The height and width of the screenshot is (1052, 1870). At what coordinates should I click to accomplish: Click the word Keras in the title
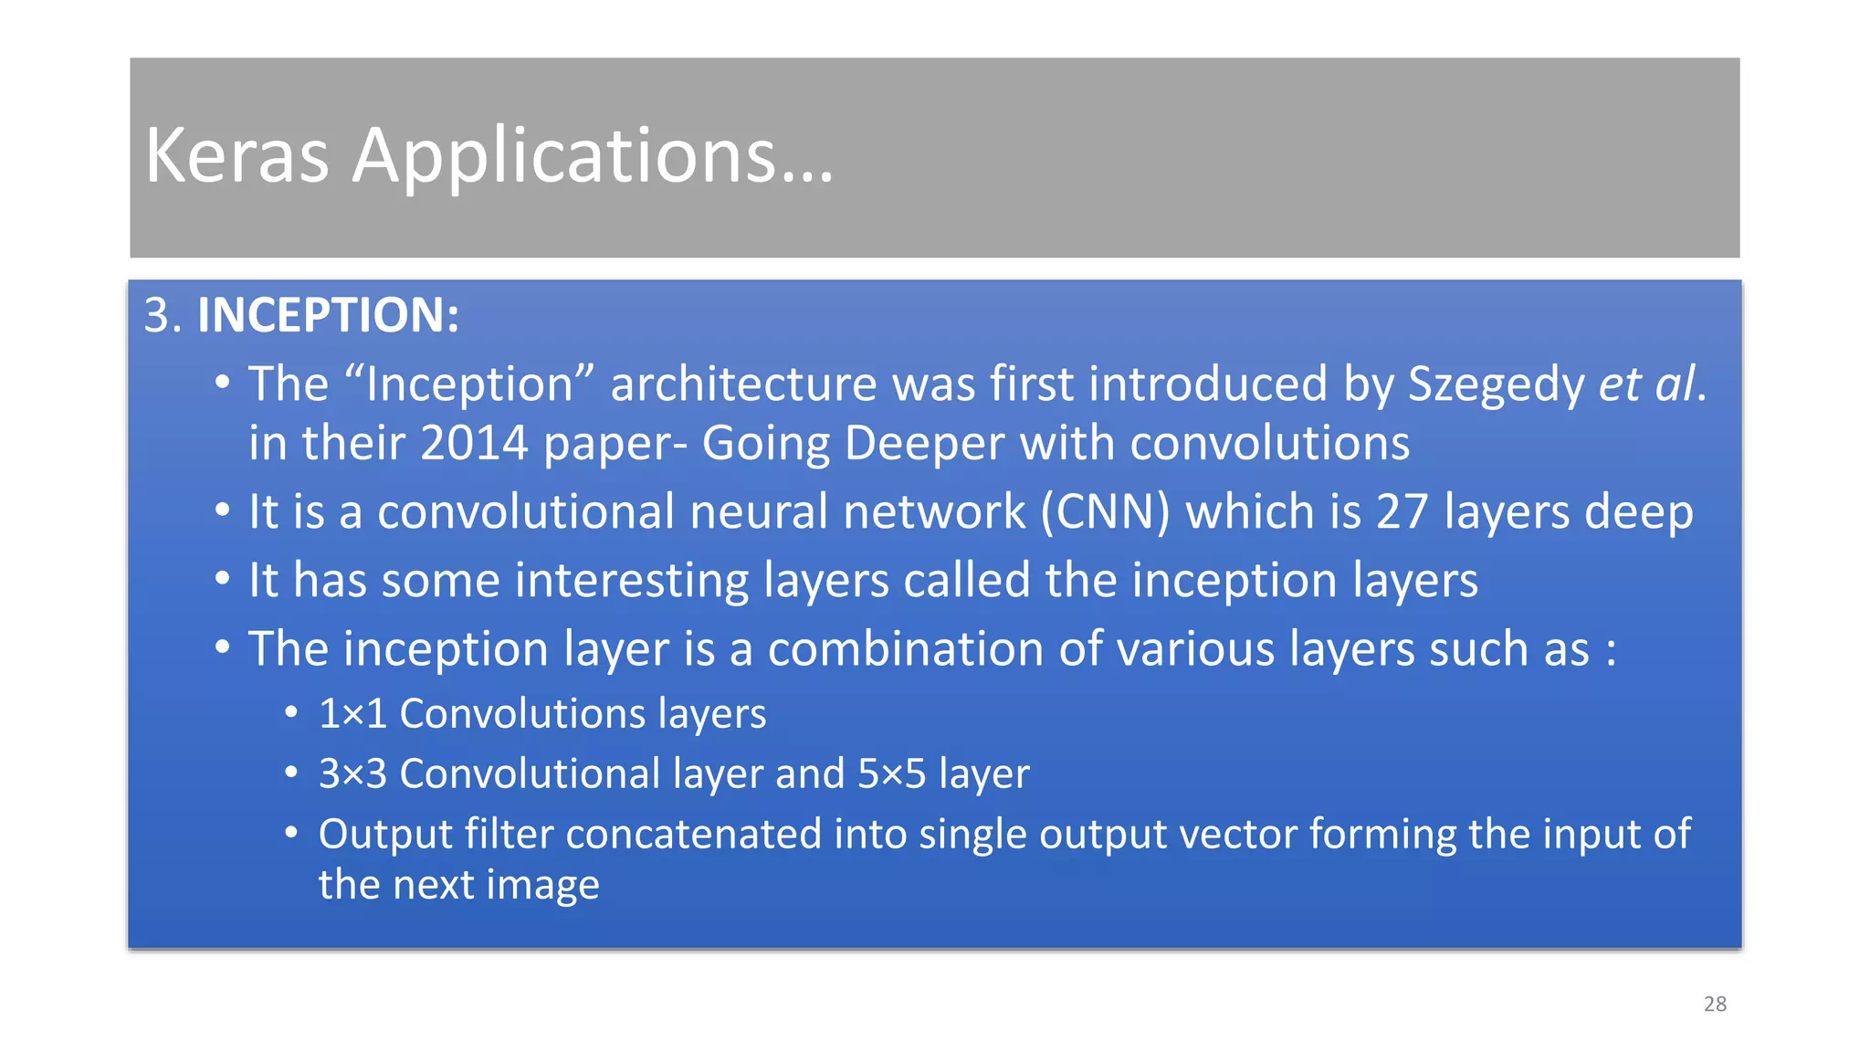click(x=236, y=155)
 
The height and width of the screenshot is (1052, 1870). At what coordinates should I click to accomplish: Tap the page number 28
click(x=1715, y=1004)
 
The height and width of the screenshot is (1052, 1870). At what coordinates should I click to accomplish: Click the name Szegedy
click(x=1496, y=384)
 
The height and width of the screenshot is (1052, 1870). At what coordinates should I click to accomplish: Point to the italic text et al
click(x=1647, y=384)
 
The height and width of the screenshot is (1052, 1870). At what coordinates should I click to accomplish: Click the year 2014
click(x=475, y=444)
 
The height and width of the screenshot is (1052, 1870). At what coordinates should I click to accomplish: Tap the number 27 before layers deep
click(x=1402, y=511)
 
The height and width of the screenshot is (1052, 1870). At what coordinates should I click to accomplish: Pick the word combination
click(x=906, y=649)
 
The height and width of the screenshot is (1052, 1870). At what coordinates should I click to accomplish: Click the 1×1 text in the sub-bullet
click(x=352, y=713)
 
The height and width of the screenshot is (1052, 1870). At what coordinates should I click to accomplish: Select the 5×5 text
click(x=891, y=773)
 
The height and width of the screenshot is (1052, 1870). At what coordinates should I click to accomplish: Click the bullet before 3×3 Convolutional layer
click(x=290, y=773)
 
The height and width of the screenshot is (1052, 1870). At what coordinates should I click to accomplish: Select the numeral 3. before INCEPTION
click(x=163, y=315)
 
